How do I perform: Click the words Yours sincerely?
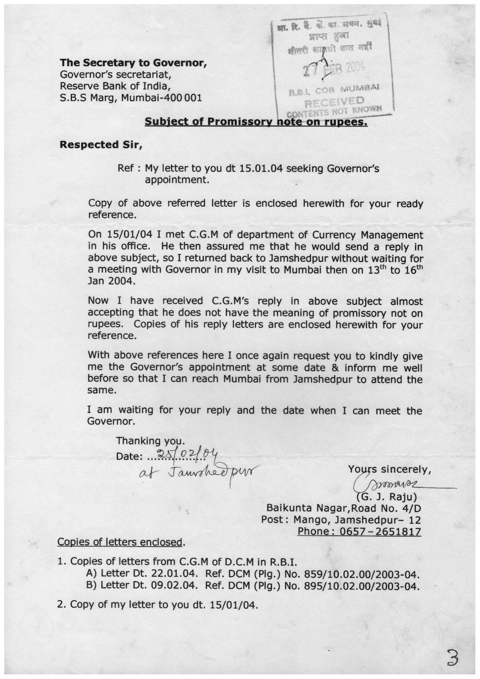point(389,470)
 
